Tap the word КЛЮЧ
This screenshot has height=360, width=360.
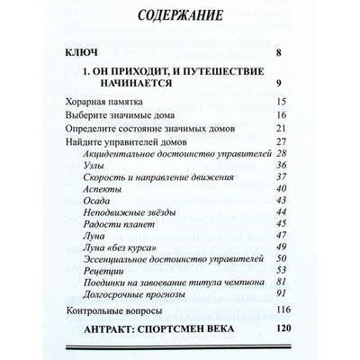click(81, 54)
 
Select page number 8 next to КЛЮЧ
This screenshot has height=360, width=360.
click(282, 54)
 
